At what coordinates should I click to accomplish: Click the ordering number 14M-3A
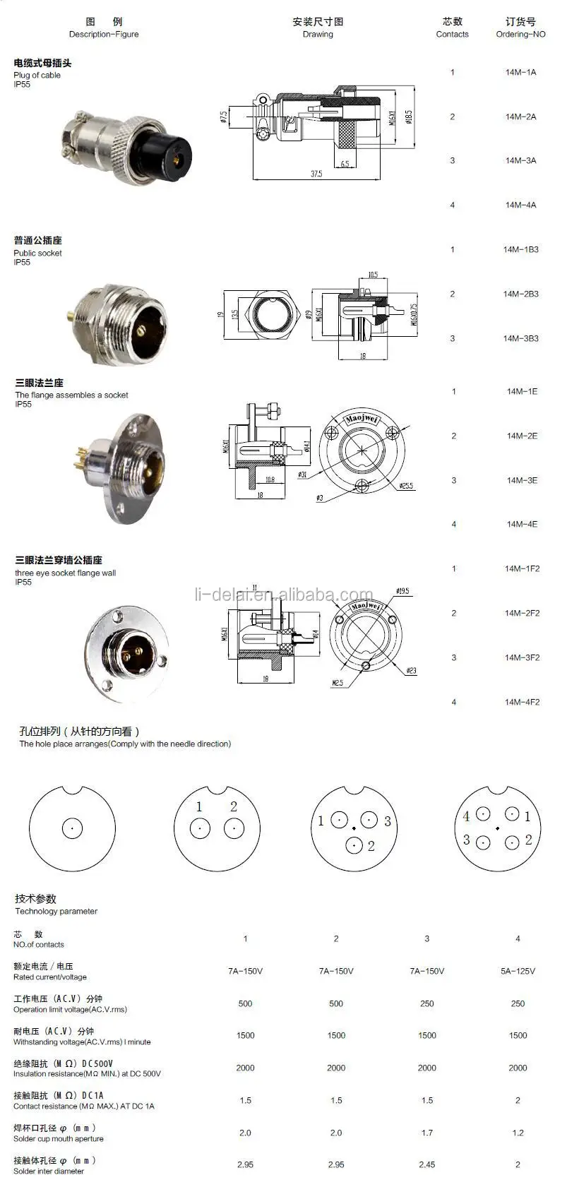(520, 161)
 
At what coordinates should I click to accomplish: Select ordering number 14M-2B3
(520, 294)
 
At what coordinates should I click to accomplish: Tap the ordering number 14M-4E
(521, 525)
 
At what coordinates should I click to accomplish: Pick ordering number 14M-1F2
(522, 569)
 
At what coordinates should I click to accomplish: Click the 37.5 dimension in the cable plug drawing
(316, 174)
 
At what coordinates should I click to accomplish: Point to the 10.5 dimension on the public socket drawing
(373, 275)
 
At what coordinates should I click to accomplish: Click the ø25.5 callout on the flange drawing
(406, 487)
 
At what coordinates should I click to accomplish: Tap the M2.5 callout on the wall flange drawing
(338, 684)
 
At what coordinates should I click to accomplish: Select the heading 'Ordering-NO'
(520, 34)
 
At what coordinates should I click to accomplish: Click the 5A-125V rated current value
(518, 972)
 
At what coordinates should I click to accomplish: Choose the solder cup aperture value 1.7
(426, 1133)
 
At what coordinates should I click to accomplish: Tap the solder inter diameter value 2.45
(426, 1165)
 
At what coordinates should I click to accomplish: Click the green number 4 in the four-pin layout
(466, 816)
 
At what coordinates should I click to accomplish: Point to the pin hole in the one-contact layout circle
(73, 828)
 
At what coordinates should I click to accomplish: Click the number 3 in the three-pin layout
(388, 821)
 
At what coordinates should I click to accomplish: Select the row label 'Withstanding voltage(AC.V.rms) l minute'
(82, 1042)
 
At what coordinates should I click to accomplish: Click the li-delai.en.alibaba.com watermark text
(283, 595)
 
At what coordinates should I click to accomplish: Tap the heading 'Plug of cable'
(37, 75)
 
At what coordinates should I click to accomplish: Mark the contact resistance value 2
(518, 1101)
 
